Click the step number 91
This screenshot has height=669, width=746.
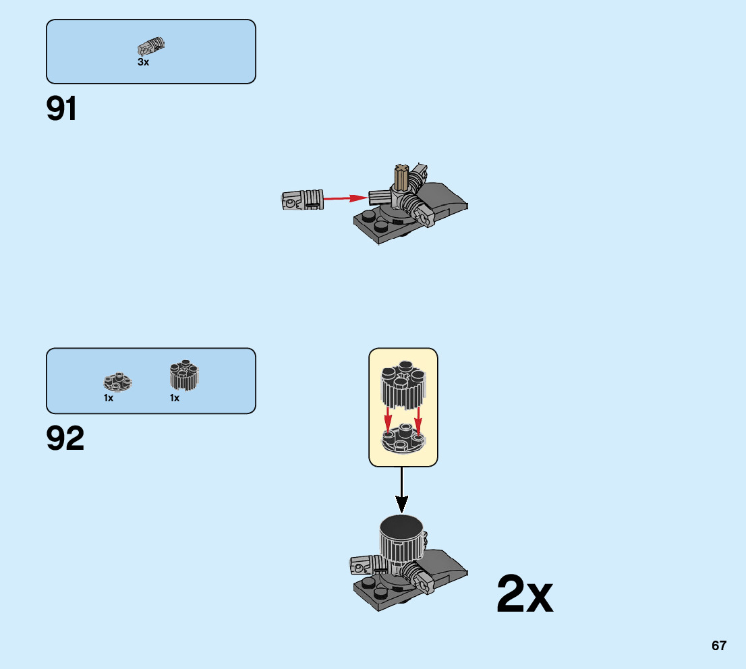[x=61, y=109]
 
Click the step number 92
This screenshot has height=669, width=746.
[x=65, y=439]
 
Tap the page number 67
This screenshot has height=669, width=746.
[x=718, y=645]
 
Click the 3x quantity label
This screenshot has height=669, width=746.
[x=143, y=62]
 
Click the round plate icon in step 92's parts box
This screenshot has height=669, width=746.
[x=117, y=382]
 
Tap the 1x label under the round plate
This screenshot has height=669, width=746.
[x=109, y=398]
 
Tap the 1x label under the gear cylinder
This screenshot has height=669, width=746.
[x=175, y=398]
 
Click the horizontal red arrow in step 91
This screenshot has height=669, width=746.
[x=346, y=198]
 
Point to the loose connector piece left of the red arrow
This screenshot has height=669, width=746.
[x=302, y=200]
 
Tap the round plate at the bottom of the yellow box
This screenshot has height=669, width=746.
[x=403, y=440]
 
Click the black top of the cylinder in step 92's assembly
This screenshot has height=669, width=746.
[x=402, y=525]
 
